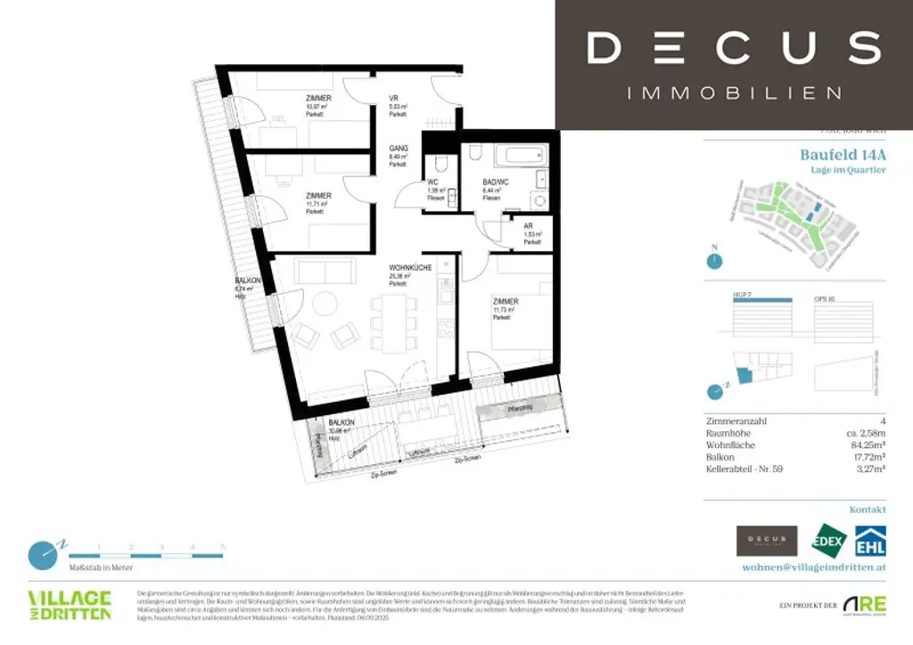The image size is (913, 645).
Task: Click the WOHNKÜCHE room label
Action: click(410, 267)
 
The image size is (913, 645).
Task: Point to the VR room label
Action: click(393, 98)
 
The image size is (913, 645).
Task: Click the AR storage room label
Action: click(529, 226)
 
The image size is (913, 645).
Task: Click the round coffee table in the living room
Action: click(325, 304)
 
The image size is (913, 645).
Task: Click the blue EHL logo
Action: click(870, 540)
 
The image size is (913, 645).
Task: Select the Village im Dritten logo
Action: click(70, 605)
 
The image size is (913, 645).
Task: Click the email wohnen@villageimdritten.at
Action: click(814, 567)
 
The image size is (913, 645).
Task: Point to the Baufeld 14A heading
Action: click(843, 154)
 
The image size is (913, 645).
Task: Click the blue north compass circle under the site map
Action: click(713, 262)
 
